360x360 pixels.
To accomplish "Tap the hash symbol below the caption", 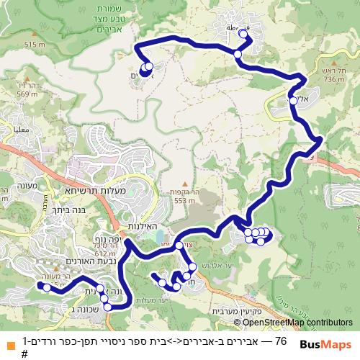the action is click(24, 354).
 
